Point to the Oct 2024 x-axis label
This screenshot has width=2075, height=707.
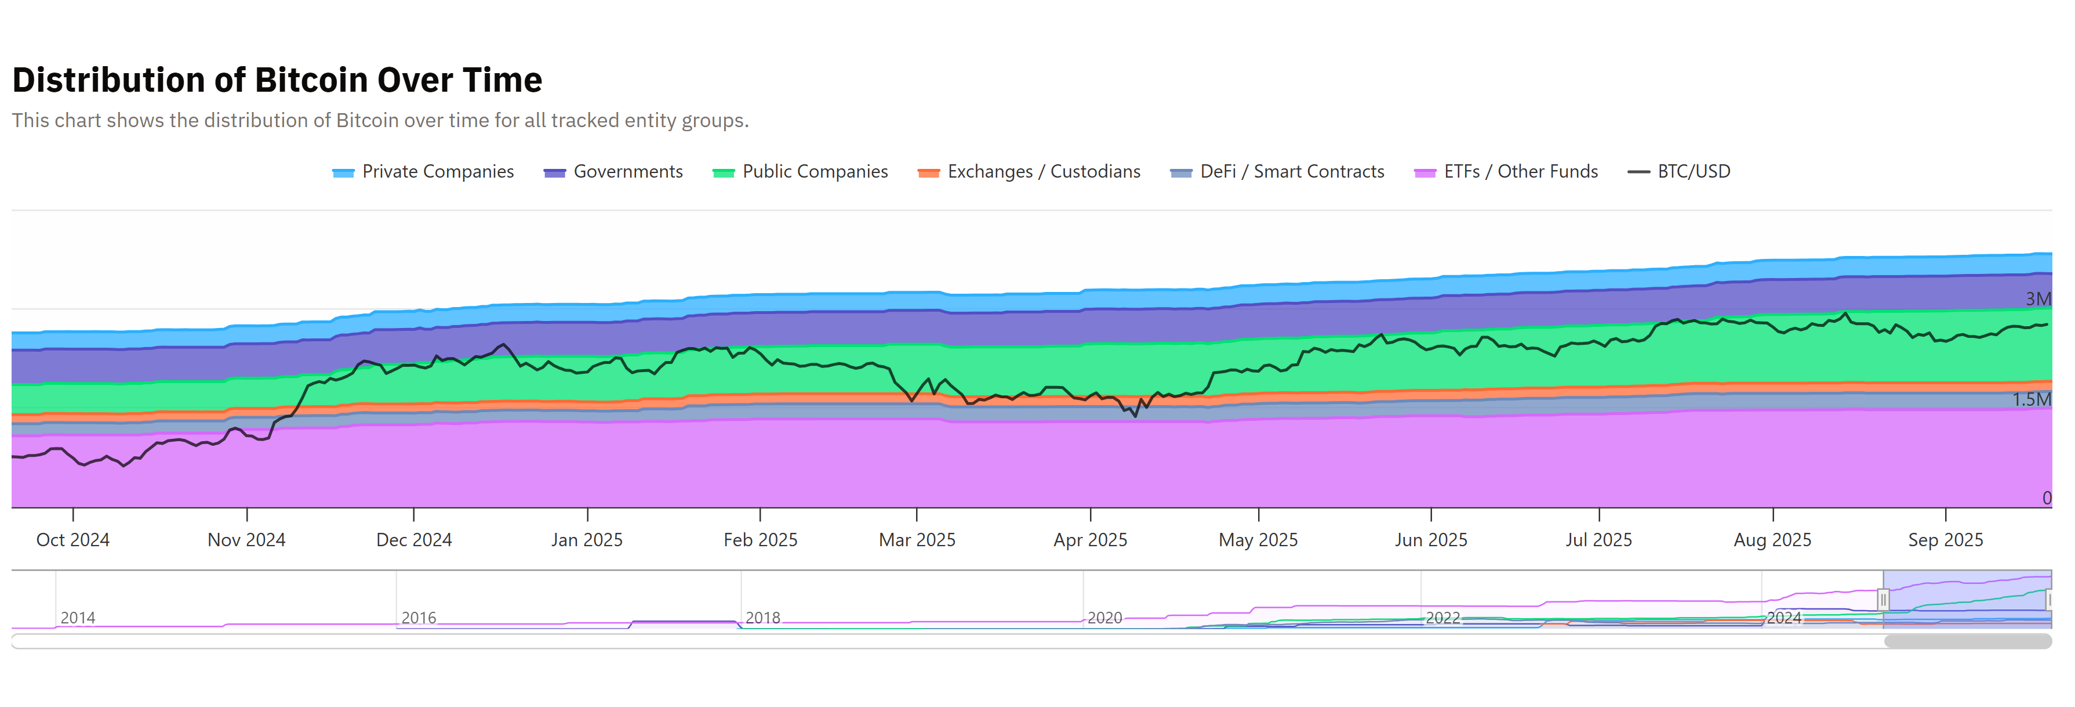click(73, 540)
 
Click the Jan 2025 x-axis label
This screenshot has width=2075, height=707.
click(587, 540)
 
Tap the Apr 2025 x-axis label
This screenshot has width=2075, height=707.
click(1091, 540)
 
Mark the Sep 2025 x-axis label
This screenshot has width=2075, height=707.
click(1945, 540)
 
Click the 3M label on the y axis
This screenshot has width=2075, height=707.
click(2038, 299)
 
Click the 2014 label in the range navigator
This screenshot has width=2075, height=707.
click(78, 618)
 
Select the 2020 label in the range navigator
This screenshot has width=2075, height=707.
click(1104, 618)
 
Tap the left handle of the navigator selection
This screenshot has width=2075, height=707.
click(1883, 600)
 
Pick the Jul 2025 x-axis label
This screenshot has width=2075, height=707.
click(1599, 540)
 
